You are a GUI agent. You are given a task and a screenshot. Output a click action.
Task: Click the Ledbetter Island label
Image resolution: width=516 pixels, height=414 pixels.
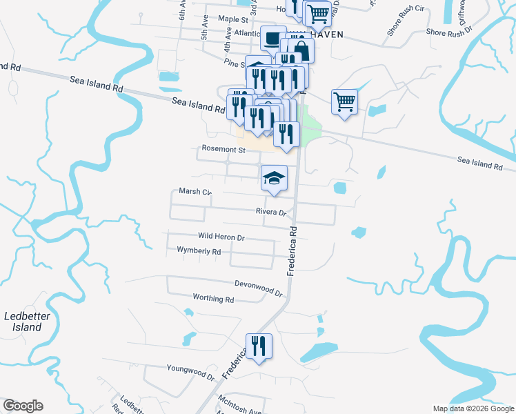pyautogui.click(x=23, y=322)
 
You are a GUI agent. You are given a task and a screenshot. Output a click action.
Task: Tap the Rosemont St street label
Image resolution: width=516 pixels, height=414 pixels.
pyautogui.click(x=224, y=149)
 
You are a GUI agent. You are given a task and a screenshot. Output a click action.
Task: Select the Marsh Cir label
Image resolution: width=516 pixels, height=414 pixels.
pyautogui.click(x=195, y=192)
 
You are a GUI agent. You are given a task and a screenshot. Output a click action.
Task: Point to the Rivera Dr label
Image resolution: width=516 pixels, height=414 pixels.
pyautogui.click(x=270, y=212)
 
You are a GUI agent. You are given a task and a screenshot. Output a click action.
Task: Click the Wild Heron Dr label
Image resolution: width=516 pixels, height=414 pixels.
pyautogui.click(x=221, y=237)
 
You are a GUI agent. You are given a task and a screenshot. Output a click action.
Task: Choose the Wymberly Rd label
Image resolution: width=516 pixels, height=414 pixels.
pyautogui.click(x=199, y=251)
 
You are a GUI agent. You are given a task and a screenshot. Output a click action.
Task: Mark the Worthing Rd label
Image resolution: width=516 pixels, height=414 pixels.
pyautogui.click(x=215, y=299)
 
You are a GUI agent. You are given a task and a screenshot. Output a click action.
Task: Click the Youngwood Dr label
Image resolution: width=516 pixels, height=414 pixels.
pyautogui.click(x=191, y=371)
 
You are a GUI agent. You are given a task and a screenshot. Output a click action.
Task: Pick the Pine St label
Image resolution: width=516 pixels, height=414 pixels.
pyautogui.click(x=235, y=62)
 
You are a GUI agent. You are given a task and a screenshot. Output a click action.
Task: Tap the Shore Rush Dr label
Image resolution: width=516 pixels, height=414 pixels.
pyautogui.click(x=448, y=32)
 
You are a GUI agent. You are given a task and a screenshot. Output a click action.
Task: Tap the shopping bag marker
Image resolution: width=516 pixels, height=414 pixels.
pyautogui.click(x=301, y=50)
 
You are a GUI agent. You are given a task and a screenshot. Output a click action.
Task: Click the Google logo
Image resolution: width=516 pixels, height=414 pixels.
pyautogui.click(x=23, y=406)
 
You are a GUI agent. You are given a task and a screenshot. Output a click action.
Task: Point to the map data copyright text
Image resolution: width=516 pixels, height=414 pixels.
pyautogui.click(x=473, y=408)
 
